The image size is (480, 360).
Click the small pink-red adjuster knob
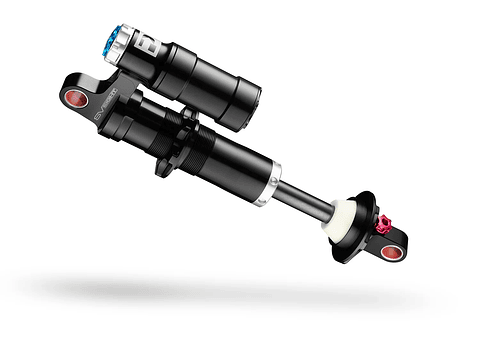[382, 225]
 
